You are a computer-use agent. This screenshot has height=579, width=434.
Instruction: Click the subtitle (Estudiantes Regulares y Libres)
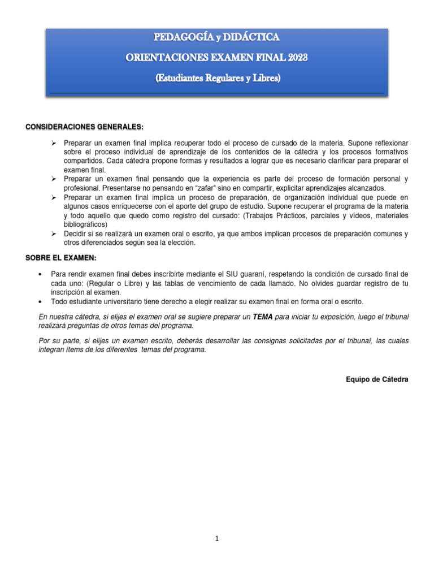218,79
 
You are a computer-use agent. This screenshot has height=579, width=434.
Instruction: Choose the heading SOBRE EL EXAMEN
60,258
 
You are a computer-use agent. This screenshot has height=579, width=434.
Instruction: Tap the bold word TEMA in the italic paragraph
263,318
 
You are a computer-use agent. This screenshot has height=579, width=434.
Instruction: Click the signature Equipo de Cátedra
376,379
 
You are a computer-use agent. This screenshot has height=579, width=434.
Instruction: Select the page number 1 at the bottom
217,539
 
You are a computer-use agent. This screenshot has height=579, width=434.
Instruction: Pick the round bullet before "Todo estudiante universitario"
40,302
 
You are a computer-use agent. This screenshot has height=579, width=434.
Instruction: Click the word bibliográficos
85,224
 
